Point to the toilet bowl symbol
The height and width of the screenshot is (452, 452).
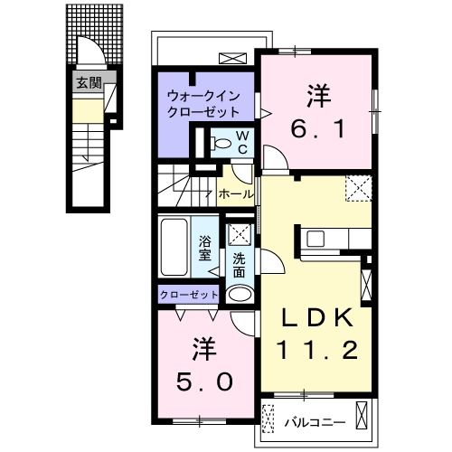(x=220, y=143)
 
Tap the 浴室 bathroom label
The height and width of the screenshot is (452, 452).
(x=205, y=248)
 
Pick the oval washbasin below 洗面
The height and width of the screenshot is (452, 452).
(x=239, y=294)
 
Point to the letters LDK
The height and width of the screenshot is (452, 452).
(x=314, y=318)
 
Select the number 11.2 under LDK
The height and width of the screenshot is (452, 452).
(x=314, y=348)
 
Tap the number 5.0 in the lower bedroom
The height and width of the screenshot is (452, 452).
(x=205, y=381)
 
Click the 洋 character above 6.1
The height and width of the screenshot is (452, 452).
(x=316, y=93)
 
